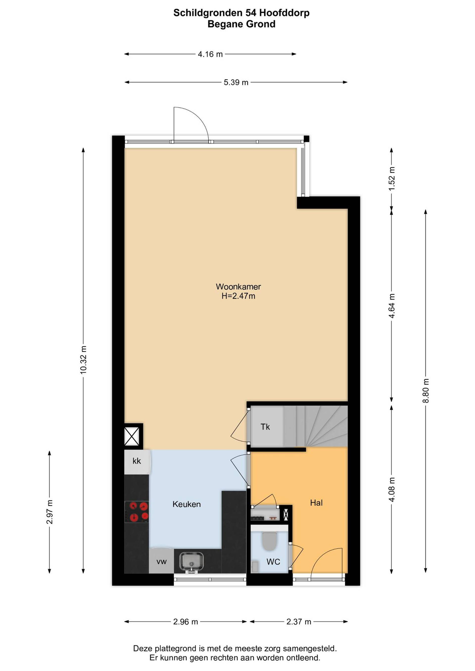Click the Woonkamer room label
tap(238, 287)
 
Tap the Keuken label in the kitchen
tap(187, 504)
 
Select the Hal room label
tap(316, 503)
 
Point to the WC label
tap(273, 562)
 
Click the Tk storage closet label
tap(265, 427)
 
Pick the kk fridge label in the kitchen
tap(137, 461)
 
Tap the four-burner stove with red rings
tap(137, 512)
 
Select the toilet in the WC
tap(269, 541)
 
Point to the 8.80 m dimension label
tap(426, 390)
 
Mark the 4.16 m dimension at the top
tap(210, 54)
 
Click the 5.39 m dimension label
tap(236, 82)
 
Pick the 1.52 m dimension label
tap(392, 179)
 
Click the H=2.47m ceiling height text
tap(238, 296)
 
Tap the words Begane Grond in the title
tap(242, 24)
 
